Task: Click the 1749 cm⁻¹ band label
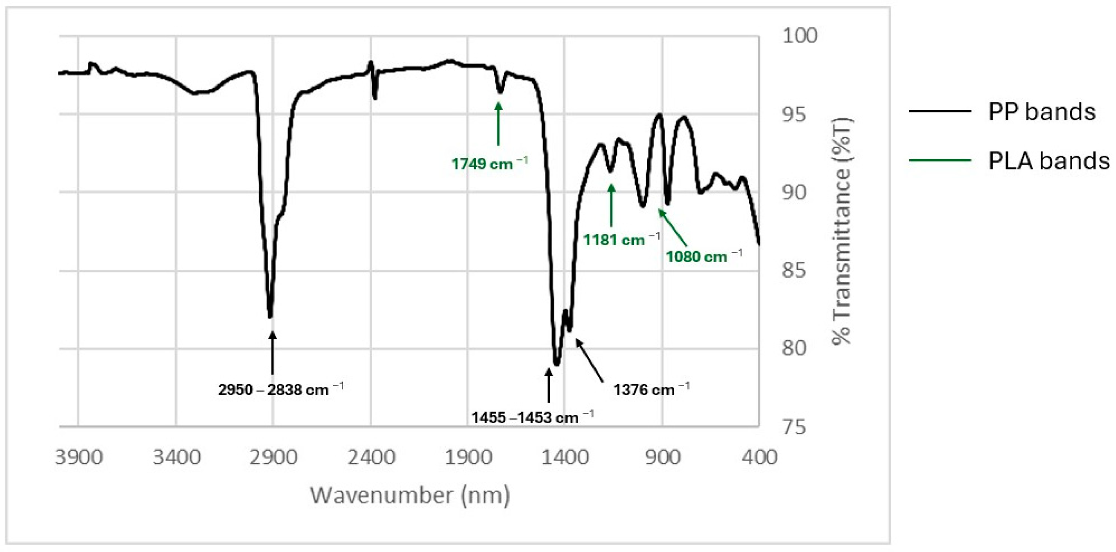coord(490,163)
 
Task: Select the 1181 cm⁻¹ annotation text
coord(621,239)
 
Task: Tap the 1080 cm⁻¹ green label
coord(704,256)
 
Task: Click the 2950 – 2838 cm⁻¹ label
coord(280,389)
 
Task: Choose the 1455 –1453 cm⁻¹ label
coord(532,417)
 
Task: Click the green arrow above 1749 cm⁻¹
coord(499,124)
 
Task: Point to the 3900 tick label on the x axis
coord(79,457)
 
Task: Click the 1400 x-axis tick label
coord(565,457)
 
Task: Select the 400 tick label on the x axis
coord(759,457)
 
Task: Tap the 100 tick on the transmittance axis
coord(800,36)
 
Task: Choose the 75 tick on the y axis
coord(794,427)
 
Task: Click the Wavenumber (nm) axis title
coord(410,495)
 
